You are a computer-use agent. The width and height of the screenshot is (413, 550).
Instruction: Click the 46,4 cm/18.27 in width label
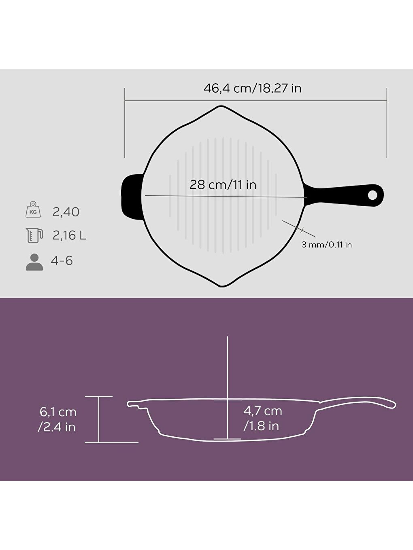(x=252, y=88)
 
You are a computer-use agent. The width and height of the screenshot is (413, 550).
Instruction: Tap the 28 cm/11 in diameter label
(x=223, y=185)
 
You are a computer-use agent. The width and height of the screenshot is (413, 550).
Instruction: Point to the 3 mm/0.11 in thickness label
(x=326, y=245)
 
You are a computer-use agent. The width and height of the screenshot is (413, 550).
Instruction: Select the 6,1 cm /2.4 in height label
(x=57, y=419)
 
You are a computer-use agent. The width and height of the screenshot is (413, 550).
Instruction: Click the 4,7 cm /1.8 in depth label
(x=262, y=418)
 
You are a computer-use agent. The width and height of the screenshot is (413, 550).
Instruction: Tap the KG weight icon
(x=33, y=210)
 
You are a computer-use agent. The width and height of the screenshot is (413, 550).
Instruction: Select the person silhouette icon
(x=34, y=262)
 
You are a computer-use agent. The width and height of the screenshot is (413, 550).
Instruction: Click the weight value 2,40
(x=66, y=212)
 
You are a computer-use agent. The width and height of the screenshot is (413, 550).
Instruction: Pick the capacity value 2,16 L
(x=69, y=235)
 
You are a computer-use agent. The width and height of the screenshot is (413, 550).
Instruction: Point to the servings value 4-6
(x=62, y=261)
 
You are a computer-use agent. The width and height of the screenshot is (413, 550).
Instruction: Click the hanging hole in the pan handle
(x=372, y=195)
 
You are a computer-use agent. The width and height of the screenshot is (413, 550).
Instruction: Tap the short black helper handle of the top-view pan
(x=131, y=197)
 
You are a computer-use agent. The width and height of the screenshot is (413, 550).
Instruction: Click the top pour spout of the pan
(x=221, y=108)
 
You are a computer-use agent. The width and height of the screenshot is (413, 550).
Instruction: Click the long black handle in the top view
(x=340, y=195)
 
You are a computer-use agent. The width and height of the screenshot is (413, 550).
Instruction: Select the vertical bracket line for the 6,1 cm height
(x=99, y=419)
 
